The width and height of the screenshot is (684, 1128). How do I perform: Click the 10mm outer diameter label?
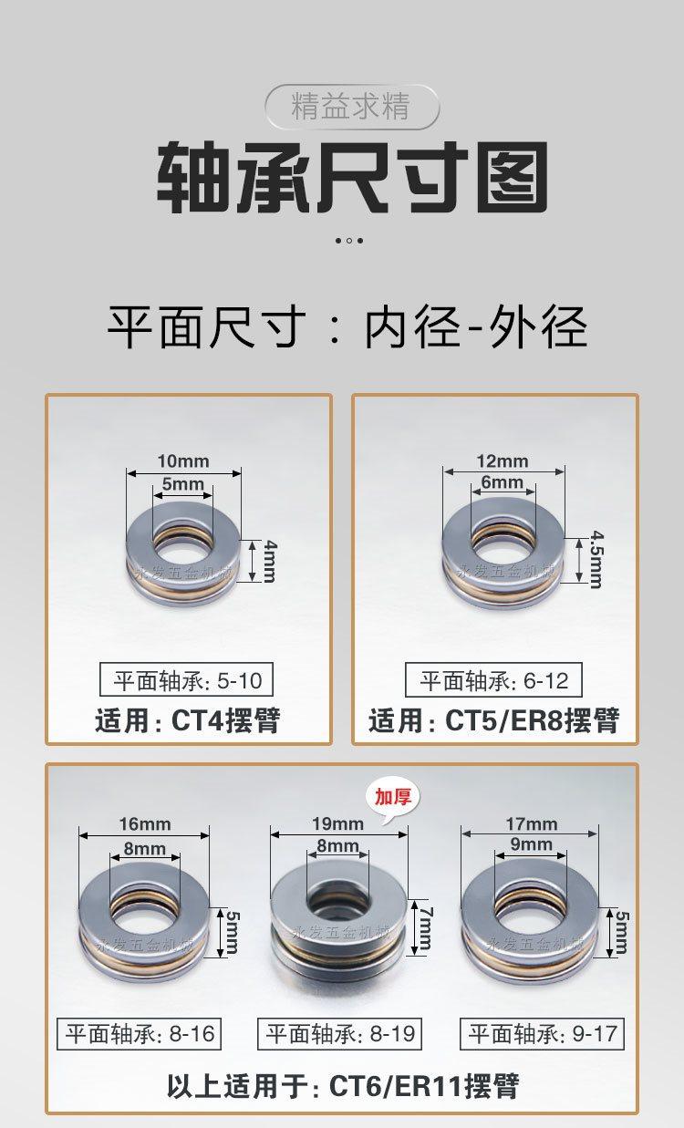183,461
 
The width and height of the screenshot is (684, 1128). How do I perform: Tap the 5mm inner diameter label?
182,484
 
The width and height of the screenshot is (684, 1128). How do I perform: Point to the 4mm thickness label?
270,561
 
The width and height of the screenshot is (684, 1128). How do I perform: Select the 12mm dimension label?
503,461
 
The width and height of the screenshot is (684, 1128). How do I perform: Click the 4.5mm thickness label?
596,560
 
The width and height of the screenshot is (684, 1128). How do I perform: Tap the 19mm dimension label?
337,823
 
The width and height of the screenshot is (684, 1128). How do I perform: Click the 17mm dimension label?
532,823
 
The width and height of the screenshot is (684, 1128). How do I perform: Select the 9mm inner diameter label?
532,843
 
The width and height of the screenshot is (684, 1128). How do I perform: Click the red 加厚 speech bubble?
393,797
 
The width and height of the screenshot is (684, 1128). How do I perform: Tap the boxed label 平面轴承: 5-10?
186,680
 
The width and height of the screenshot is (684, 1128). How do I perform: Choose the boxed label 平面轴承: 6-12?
493,680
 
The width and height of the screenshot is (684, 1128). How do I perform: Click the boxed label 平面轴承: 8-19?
339,1034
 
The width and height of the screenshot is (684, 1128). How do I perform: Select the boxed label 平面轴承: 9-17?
542,1034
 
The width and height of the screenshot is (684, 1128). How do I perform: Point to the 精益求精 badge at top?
352,107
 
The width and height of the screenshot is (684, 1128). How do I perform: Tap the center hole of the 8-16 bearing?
145,917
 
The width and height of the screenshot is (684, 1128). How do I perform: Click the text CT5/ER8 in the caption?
504,720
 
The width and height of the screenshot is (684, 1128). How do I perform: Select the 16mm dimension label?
145,823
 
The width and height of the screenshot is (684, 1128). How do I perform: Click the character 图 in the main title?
512,176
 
